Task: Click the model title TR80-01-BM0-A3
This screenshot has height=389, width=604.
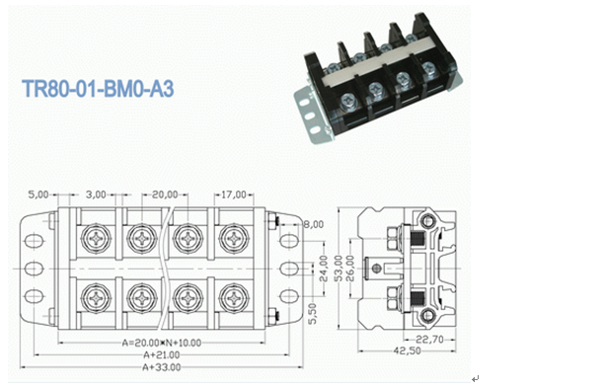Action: click(98, 89)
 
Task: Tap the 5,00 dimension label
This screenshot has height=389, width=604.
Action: click(38, 194)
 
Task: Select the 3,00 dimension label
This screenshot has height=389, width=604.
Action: click(96, 194)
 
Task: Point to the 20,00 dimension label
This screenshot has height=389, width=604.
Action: click(165, 194)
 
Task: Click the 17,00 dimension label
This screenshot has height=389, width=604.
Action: click(234, 194)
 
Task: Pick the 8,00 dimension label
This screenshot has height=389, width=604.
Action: click(314, 224)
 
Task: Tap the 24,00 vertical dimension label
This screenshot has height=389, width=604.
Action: click(324, 269)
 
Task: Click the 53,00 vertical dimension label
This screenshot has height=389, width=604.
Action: click(339, 269)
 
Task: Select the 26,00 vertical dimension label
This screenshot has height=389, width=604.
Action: click(350, 269)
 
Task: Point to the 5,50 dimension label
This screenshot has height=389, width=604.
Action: click(313, 313)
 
